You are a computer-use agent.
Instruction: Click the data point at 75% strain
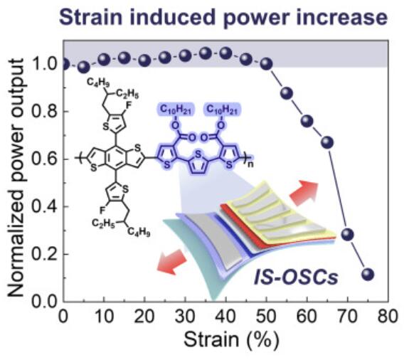pos(368,275)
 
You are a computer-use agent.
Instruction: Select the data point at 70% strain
pos(347,234)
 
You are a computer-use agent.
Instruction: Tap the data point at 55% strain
pos(287,93)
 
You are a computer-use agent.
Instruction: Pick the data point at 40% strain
pos(225,53)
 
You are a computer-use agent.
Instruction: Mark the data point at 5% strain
pos(84,68)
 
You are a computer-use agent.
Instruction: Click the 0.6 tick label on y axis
pos(44,159)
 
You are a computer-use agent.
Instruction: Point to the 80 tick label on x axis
pos(388,316)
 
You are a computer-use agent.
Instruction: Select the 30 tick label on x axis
pos(185,316)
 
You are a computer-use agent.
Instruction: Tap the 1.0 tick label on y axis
pos(44,64)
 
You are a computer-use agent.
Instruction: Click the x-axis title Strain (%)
pos(231,340)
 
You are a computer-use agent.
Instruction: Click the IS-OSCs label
pos(296,277)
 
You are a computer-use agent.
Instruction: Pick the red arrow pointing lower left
pos(172,263)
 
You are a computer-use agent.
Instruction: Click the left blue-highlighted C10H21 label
pos(176,110)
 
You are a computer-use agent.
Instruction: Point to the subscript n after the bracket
pos(250,164)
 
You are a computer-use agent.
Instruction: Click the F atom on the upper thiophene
pos(129,105)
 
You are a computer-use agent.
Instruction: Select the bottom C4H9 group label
pos(139,232)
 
